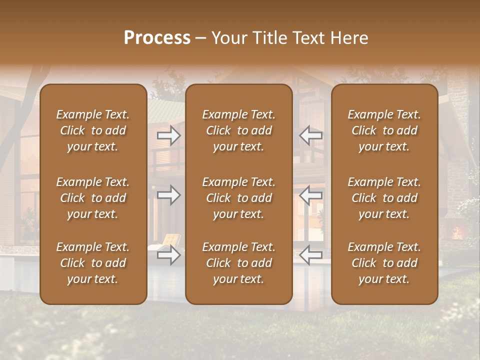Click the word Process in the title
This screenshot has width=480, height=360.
click(x=157, y=38)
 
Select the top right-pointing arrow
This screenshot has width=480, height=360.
click(x=168, y=135)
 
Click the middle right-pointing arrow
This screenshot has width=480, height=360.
click(x=168, y=195)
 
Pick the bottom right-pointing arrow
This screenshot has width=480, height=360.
click(x=168, y=255)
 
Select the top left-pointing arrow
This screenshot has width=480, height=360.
click(x=310, y=135)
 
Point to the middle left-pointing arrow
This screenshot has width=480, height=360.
click(x=310, y=195)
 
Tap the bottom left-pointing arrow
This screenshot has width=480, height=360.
click(x=310, y=255)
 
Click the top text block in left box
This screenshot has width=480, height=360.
click(x=93, y=130)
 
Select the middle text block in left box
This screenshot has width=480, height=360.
click(x=93, y=198)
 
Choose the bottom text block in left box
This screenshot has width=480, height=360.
click(x=93, y=263)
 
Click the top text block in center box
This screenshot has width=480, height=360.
click(x=238, y=130)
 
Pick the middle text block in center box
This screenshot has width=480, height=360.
click(x=238, y=198)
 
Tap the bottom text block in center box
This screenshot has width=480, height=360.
click(x=238, y=263)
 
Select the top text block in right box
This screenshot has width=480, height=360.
click(x=384, y=130)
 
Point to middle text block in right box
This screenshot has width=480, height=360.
click(x=384, y=198)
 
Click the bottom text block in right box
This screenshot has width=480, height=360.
click(x=384, y=263)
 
